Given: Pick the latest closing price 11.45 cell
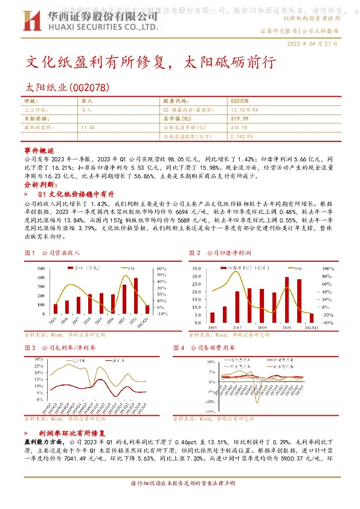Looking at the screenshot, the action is coord(88,128).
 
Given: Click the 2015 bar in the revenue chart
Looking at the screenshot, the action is coord(56,308).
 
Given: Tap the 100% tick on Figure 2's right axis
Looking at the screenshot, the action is coord(324,267).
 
